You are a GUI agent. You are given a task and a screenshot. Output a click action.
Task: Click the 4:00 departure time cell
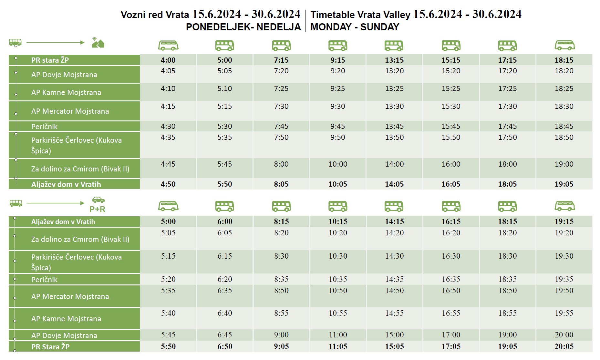168,60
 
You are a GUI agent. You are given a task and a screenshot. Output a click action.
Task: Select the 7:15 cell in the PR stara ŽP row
281,60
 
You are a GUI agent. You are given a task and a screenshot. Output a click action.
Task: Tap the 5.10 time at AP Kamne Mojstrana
224,88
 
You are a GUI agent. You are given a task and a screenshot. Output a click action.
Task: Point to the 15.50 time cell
451,137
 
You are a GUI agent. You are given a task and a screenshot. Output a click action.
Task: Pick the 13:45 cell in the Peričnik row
394,126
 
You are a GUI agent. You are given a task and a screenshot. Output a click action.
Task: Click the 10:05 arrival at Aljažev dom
338,184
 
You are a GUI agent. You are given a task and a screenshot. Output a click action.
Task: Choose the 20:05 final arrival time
564,346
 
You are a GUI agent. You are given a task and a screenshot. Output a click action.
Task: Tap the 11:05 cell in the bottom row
338,346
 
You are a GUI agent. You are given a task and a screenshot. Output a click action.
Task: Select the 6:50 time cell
225,346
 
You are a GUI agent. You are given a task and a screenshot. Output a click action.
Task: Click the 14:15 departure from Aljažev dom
394,221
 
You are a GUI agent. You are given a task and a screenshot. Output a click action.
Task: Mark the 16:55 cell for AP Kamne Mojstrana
451,313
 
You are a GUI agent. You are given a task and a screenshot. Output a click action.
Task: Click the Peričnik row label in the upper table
45,127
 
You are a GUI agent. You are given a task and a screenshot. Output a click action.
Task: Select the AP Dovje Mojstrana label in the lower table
64,335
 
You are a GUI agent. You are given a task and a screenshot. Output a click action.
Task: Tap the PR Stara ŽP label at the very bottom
50,347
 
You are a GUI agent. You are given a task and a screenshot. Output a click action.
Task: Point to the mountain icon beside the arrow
98,43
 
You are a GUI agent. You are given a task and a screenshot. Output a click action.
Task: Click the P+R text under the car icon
98,209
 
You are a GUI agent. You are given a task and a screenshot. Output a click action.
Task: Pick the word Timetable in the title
333,15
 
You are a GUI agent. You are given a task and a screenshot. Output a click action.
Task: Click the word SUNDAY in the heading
380,27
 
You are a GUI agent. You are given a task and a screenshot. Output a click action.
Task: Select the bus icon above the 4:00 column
168,46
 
